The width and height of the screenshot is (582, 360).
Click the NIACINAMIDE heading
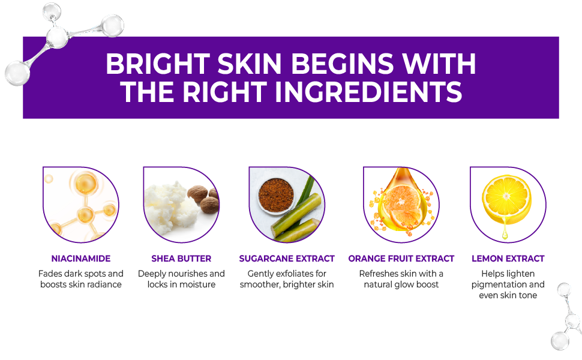point(81,259)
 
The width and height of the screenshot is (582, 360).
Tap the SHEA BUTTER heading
point(181,259)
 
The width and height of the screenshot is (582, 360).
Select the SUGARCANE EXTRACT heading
point(287,259)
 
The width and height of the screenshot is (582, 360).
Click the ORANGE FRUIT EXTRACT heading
point(401,259)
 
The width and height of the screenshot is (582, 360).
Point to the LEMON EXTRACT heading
point(508,259)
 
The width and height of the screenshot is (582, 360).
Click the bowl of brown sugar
point(275,193)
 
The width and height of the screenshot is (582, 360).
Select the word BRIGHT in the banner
point(157,64)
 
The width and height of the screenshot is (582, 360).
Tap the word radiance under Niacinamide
point(104,284)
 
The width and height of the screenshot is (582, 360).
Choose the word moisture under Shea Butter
point(197,284)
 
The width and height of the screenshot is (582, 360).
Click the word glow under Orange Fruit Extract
point(409,284)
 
